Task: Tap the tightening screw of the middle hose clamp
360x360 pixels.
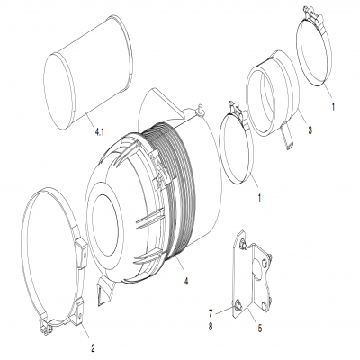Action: pos(235,114)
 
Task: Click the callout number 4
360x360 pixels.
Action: pos(186,280)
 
